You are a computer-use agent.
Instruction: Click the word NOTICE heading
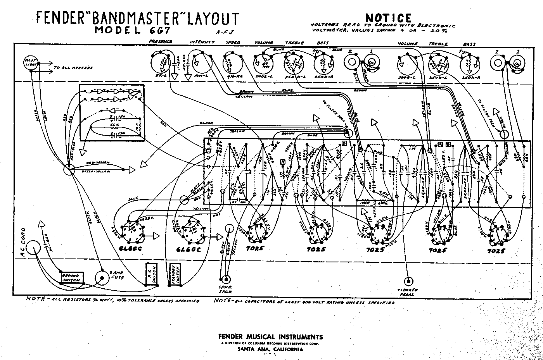click(388, 18)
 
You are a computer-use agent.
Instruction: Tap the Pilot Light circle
click(30, 63)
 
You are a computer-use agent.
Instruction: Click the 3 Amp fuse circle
click(103, 278)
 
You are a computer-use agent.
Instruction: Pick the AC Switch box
click(150, 275)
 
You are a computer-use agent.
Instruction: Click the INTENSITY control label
click(202, 42)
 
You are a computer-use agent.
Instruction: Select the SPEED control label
click(233, 42)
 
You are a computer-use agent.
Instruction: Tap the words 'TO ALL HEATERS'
click(73, 68)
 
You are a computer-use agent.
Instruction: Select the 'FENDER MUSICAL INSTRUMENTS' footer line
click(270, 337)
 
